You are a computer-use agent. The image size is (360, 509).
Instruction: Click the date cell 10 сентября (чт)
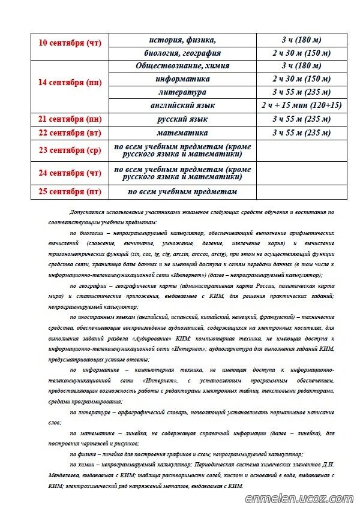pos(70,43)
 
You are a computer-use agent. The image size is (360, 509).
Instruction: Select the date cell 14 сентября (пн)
pos(70,83)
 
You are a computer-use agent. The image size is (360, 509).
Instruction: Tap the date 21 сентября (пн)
pos(70,119)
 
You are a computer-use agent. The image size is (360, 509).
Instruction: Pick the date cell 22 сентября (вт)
pos(70,132)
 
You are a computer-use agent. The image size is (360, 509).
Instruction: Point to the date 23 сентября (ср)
pos(70,150)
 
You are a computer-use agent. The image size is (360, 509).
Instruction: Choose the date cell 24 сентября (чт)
pos(70,173)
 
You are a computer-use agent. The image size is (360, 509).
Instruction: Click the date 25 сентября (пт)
pos(70,192)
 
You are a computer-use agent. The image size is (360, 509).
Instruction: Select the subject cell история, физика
pos(182,40)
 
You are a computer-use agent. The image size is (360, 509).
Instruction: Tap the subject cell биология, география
pos(182,53)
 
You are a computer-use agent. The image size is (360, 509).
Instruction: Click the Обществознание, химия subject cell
pos(182,66)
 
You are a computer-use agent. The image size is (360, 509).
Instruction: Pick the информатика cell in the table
pos(182,79)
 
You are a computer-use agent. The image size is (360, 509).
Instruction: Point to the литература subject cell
pos(182,92)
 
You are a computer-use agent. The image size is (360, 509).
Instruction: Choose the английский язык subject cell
pos(182,106)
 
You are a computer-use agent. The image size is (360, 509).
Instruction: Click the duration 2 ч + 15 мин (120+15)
pos(301,106)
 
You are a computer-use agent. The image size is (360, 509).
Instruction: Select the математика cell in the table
pos(182,132)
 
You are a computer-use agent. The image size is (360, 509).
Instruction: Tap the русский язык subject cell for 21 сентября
pos(182,119)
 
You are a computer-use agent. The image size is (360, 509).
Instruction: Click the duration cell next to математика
pos(301,132)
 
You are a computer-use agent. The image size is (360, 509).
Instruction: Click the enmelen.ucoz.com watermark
pos(299,498)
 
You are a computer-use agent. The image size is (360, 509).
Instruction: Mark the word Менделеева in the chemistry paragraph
pos(65,475)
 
